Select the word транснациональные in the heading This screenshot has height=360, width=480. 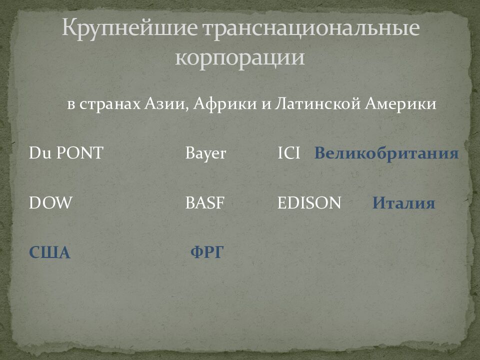(x=310, y=29)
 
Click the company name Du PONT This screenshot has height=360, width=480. (x=65, y=153)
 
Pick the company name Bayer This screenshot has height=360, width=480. (x=205, y=153)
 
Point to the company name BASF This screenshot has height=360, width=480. (x=205, y=203)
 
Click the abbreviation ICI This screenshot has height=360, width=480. (x=288, y=153)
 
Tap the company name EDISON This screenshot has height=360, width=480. (x=309, y=203)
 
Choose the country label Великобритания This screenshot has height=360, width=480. (x=386, y=153)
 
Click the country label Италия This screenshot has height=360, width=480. (x=403, y=203)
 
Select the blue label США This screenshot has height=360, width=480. (x=49, y=253)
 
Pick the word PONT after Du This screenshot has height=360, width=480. (x=79, y=153)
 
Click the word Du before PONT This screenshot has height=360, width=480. (x=37, y=153)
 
